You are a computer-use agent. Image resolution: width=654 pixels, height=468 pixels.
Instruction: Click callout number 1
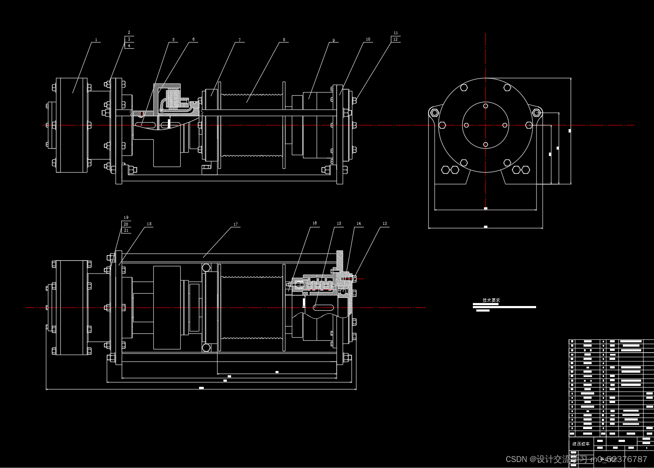tap(96, 40)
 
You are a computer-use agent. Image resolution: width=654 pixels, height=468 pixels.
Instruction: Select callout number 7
tap(239, 40)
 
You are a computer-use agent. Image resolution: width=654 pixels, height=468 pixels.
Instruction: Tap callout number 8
tap(284, 40)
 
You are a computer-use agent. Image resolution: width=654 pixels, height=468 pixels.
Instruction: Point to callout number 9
tap(334, 41)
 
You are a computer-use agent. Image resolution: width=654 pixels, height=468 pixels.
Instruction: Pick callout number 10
tap(368, 39)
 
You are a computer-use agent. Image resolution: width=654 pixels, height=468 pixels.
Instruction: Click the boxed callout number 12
tap(396, 39)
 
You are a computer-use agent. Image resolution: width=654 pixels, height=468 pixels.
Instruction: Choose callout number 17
tap(235, 224)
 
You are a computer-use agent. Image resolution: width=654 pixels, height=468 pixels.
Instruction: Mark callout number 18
tap(149, 224)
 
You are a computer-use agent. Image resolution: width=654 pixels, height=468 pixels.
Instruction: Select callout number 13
tap(384, 224)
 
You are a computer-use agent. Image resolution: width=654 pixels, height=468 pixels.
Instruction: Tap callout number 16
tap(314, 223)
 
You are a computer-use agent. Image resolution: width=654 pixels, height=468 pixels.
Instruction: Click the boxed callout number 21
tap(126, 230)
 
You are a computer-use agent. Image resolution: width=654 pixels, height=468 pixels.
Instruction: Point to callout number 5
tap(173, 40)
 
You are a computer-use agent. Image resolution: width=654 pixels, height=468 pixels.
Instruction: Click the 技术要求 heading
tap(491, 300)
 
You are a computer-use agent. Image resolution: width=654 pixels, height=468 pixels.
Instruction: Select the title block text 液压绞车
tap(581, 444)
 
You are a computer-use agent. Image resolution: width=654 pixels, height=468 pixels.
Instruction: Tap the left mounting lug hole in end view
tap(434, 113)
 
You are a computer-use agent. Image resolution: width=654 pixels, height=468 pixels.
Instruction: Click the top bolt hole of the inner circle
tap(486, 106)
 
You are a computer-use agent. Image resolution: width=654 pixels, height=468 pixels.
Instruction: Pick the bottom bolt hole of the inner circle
tap(486, 144)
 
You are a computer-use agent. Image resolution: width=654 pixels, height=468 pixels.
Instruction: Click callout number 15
tap(339, 224)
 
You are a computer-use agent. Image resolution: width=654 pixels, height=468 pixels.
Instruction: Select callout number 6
tap(193, 39)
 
